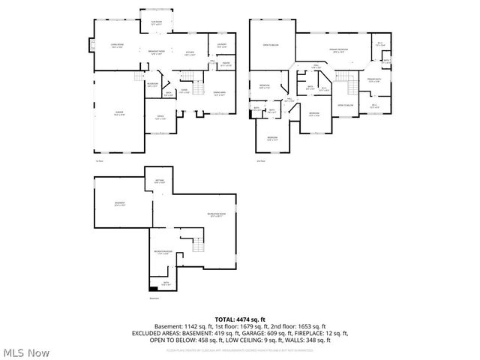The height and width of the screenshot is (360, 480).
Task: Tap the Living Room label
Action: tap(117, 46)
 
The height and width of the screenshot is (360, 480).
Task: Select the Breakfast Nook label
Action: tap(157, 52)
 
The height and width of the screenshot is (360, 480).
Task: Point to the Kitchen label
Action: tap(190, 53)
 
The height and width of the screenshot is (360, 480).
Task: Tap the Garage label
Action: tap(118, 113)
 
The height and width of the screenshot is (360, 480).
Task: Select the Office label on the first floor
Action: tap(160, 117)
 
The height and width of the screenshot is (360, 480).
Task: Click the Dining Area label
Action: tap(219, 94)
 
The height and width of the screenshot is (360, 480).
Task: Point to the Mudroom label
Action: tap(152, 84)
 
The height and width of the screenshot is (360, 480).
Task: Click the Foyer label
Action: tap(183, 91)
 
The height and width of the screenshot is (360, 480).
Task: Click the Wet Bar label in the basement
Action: tap(159, 182)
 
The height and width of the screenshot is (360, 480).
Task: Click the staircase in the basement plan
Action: tap(199, 247)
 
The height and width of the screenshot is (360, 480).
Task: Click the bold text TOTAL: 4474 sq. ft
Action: tap(240, 319)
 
